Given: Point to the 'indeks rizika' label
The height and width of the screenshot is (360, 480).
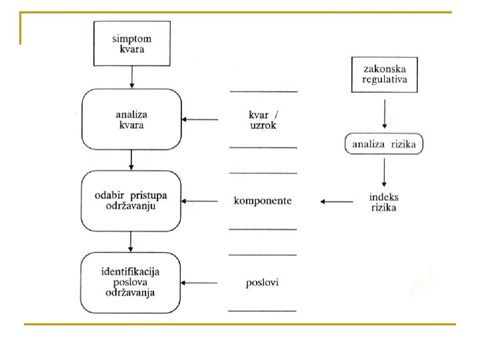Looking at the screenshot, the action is tap(384, 202).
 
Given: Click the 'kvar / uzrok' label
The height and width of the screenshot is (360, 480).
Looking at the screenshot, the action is tap(263, 120).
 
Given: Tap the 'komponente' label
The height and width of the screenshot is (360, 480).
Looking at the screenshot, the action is tap(263, 201).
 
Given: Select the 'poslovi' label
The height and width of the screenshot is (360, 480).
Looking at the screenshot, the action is tap(263, 282).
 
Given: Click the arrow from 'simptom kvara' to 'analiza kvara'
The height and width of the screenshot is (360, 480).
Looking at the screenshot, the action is tap(132, 77).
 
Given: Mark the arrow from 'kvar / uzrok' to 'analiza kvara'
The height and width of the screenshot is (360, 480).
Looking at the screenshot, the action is tap(200, 119).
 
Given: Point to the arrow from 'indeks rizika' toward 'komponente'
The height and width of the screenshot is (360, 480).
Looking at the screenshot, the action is tap(337, 201).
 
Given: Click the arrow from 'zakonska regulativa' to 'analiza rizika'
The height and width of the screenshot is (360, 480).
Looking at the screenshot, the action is tap(385, 113).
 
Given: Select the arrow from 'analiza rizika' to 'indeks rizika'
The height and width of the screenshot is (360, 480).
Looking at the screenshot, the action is tap(384, 172).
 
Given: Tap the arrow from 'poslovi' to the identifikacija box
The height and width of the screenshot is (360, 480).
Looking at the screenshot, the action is tap(199, 283).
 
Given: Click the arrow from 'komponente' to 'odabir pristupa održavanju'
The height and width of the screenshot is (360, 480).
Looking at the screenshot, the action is tap(199, 201).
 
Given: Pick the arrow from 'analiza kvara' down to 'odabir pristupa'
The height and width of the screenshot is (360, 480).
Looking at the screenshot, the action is tap(131, 160).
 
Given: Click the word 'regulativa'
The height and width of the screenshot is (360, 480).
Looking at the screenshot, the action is tap(385, 79).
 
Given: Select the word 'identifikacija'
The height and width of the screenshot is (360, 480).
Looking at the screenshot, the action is tap(131, 272).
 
